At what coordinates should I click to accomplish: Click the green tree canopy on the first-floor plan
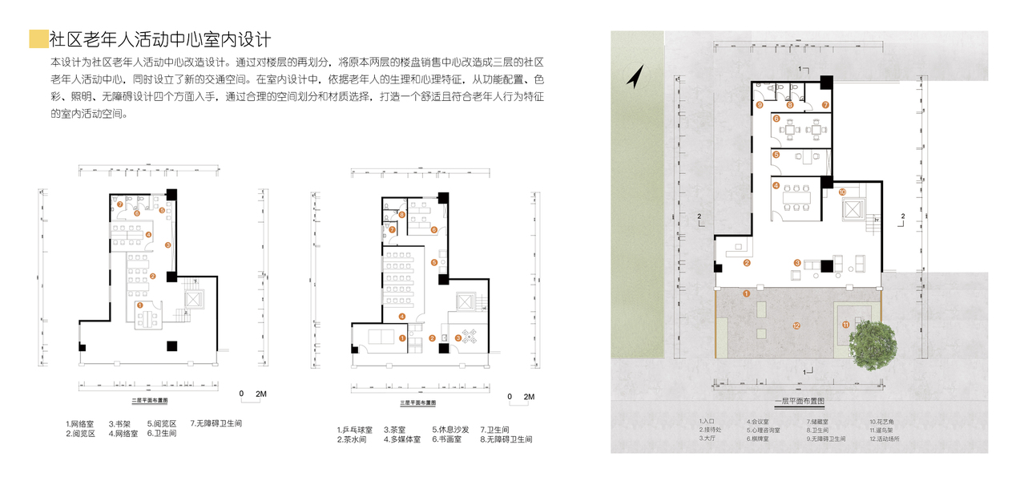872,343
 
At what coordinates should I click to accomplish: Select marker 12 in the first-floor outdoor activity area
796,325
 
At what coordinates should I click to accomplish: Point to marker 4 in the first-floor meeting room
776,186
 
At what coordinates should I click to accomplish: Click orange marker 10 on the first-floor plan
842,192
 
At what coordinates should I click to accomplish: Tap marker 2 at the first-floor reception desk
747,262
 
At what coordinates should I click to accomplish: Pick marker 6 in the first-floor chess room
776,119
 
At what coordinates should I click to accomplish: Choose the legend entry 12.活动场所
885,439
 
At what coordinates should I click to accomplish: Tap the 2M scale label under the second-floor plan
260,394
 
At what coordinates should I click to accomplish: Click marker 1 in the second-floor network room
140,305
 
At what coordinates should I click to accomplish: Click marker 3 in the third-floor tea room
458,338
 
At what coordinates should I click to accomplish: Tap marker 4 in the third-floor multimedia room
403,317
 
